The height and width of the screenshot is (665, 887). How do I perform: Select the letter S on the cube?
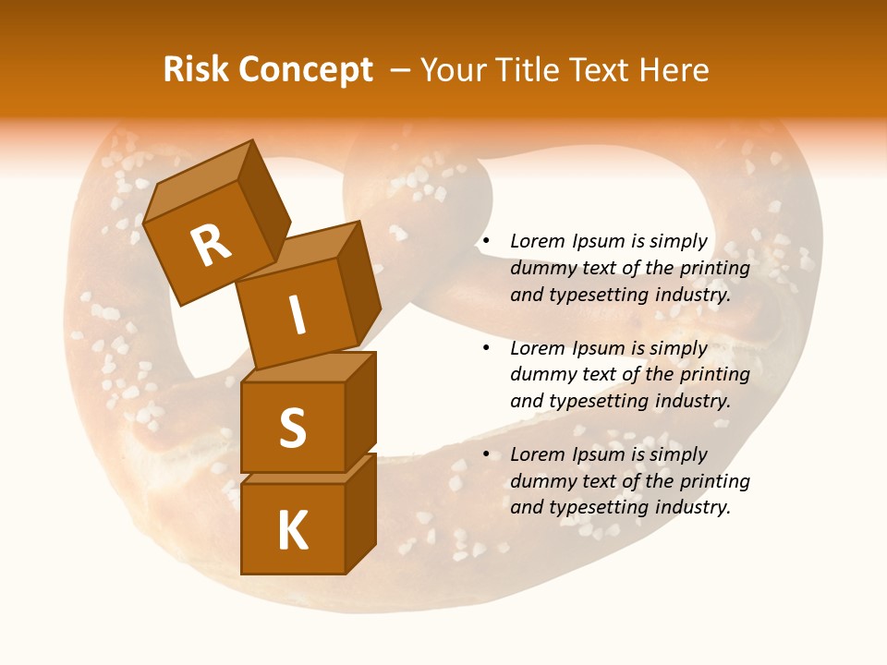pyautogui.click(x=292, y=429)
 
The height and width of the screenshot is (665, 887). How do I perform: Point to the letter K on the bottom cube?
pyautogui.click(x=292, y=531)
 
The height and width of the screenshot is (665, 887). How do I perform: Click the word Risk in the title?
pyautogui.click(x=197, y=70)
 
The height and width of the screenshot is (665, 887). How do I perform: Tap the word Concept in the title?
pyautogui.click(x=306, y=70)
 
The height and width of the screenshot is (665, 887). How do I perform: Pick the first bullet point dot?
pyautogui.click(x=485, y=242)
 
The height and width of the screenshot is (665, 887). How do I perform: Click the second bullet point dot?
pyautogui.click(x=485, y=348)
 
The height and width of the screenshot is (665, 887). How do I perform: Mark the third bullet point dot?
pyautogui.click(x=485, y=454)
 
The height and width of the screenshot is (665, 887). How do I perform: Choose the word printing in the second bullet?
pyautogui.click(x=714, y=375)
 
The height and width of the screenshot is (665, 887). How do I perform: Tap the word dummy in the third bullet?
pyautogui.click(x=541, y=481)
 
